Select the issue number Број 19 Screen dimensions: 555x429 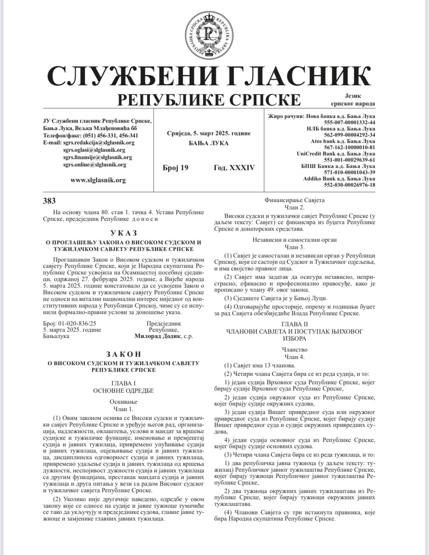(175, 168)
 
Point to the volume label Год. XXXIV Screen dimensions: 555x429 (234, 168)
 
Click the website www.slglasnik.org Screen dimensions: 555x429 (98, 180)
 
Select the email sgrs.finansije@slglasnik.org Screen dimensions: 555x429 (97, 157)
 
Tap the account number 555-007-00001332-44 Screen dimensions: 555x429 (350, 122)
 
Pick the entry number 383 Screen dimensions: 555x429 (49, 201)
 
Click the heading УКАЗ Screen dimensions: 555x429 (123, 233)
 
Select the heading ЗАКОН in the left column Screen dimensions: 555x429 (123, 354)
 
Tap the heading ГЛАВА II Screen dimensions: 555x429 (295, 324)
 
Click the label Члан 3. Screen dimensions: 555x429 (295, 247)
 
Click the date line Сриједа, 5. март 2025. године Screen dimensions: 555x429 (209, 133)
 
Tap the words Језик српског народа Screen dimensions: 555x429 (353, 100)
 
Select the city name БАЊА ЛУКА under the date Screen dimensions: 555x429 (209, 143)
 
